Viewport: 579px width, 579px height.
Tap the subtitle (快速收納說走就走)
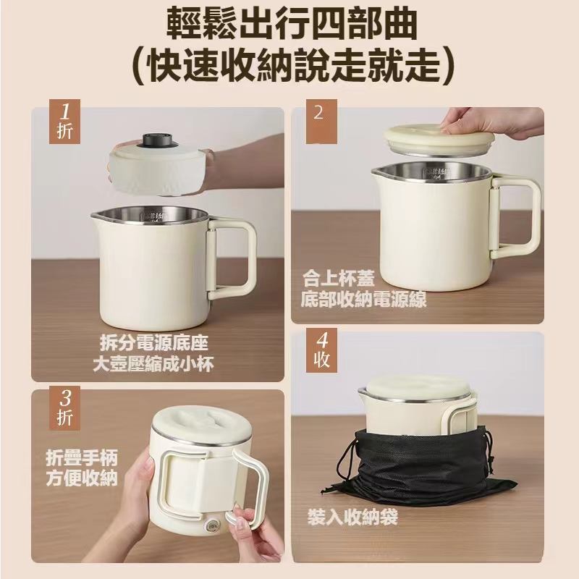[292, 66]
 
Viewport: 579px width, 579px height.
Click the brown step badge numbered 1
[64, 121]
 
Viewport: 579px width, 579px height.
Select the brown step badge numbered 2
[321, 121]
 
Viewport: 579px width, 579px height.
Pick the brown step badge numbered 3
[64, 407]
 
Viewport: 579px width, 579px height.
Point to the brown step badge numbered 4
[321, 350]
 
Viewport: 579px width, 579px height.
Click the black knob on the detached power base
[159, 140]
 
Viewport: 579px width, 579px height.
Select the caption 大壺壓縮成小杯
[153, 364]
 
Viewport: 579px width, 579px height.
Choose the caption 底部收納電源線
[364, 300]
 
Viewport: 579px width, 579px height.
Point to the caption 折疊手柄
[82, 458]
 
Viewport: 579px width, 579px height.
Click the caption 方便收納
[82, 478]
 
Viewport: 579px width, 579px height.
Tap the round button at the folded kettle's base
[212, 526]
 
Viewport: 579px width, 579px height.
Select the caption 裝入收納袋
[352, 516]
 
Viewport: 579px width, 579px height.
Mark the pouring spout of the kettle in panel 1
[97, 216]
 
